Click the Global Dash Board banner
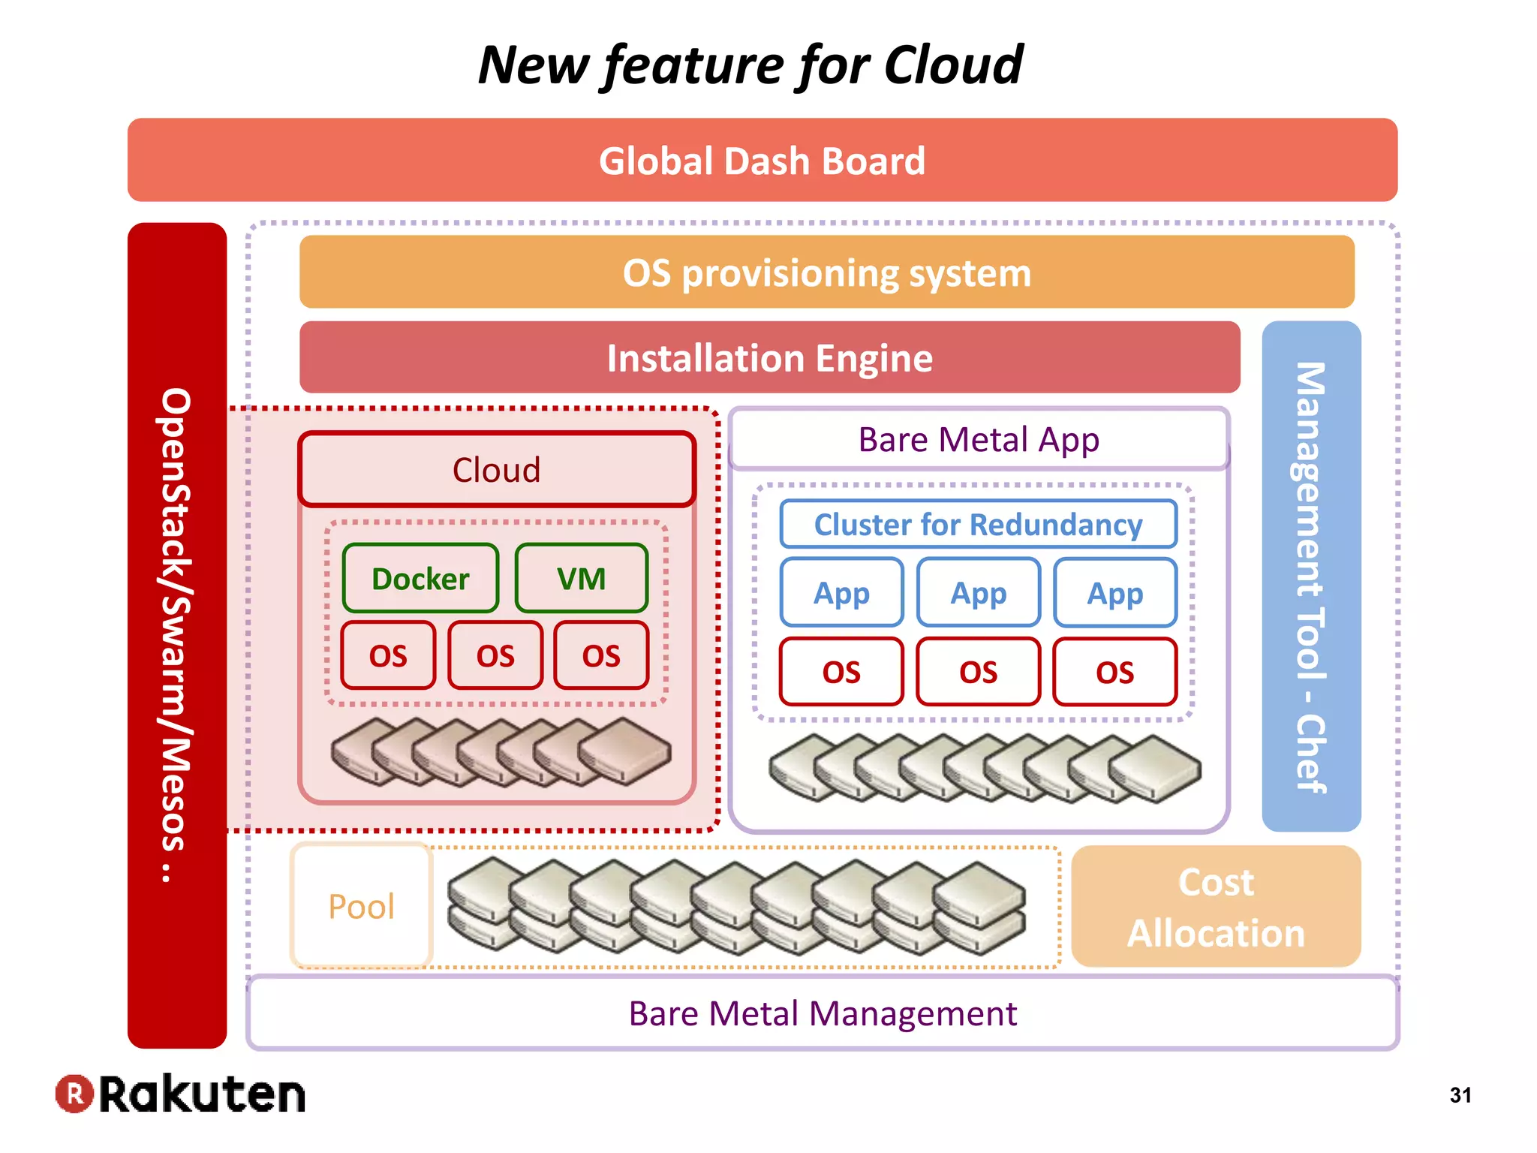pos(762,161)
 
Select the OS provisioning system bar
pos(826,272)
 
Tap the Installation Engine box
pos(769,358)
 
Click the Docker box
pos(420,579)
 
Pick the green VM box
pos(582,579)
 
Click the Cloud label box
pos(496,470)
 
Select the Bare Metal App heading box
pos(979,440)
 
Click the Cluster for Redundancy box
pos(978,524)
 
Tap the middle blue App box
pos(978,593)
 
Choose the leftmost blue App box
pos(841,593)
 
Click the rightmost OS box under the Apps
pos(1114,672)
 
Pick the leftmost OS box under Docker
pos(388,655)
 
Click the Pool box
pos(361,906)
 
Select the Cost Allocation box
pos(1216,907)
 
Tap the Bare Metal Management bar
pos(822,1013)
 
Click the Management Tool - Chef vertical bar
pos(1311,576)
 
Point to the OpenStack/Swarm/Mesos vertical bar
pos(177,635)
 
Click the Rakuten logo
pos(180,1094)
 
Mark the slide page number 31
pos(1460,1095)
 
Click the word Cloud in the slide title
pos(953,65)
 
